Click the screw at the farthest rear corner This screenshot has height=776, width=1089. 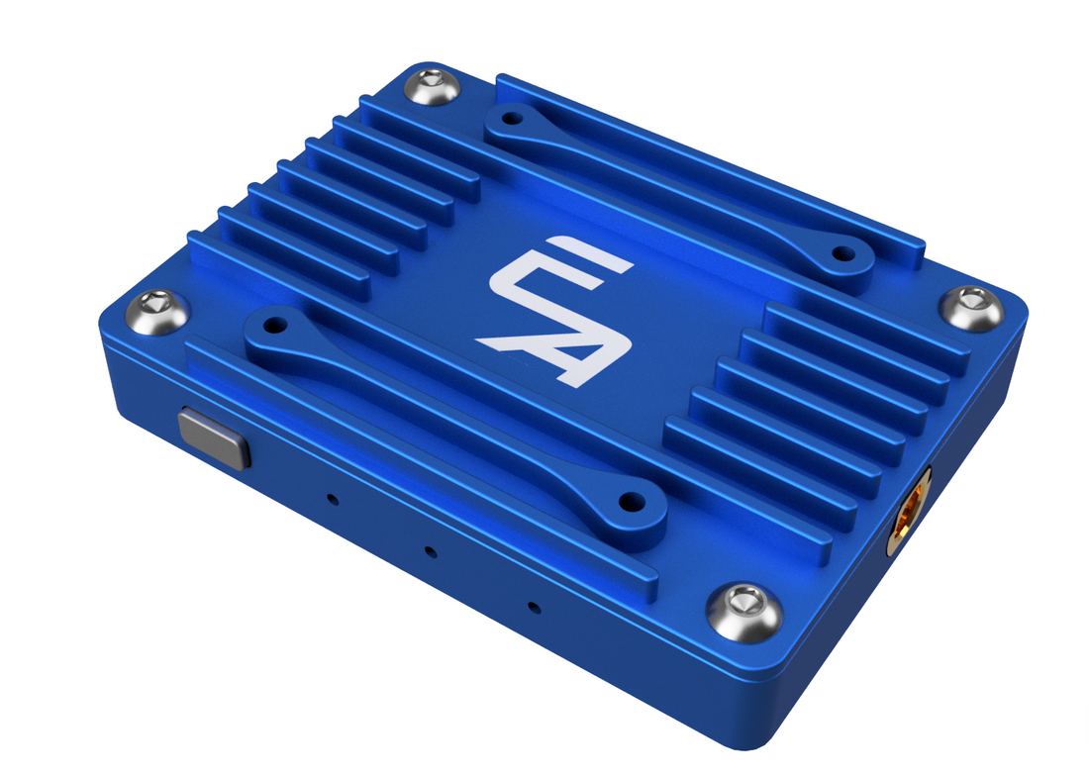coord(435,88)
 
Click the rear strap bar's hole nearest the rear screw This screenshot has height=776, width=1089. coord(511,119)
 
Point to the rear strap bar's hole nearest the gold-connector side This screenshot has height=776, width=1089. coord(842,253)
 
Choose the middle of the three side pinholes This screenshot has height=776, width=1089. coord(429,550)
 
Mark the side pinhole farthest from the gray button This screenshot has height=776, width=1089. coord(533,606)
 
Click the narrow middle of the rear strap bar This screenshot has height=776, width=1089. coord(673,183)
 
